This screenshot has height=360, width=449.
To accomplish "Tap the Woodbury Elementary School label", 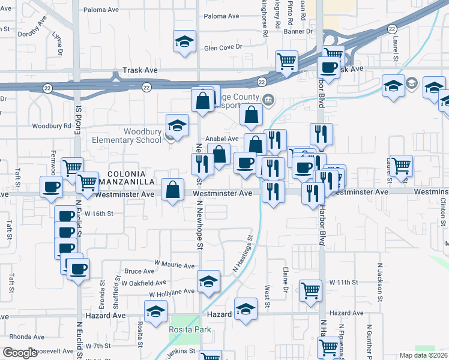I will (142, 136).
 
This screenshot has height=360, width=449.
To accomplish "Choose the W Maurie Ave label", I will (175, 265).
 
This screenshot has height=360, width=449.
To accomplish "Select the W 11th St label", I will (343, 282).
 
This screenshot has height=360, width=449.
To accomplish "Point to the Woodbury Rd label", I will (52, 127).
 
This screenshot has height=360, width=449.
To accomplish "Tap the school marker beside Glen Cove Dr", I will (184, 41).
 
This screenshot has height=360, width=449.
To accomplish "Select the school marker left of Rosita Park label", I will (155, 311).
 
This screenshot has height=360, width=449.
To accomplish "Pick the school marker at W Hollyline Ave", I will (208, 281).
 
